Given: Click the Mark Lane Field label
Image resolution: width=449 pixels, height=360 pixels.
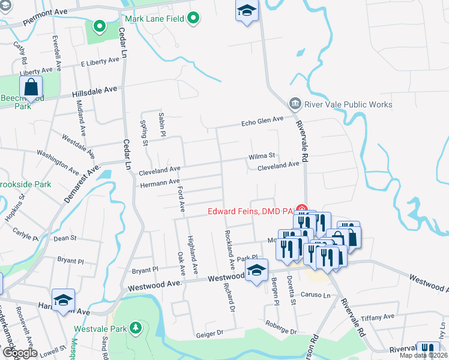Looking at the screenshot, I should tap(154, 19).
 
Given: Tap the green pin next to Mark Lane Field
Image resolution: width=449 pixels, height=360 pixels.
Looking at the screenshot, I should tap(193, 19).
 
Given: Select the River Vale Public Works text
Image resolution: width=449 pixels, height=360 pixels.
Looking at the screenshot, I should tap(349, 104).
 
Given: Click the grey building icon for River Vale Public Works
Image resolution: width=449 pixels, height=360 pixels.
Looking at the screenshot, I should tap(295, 104).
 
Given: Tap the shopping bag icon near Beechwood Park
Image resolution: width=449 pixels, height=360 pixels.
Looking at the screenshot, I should tap(31, 89).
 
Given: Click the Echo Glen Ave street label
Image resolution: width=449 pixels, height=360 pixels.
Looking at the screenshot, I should tap(262, 121).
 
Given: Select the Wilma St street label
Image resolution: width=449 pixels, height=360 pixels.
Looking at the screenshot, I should tap(262, 157).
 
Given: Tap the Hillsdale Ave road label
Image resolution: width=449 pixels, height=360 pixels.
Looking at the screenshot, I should tap(94, 92).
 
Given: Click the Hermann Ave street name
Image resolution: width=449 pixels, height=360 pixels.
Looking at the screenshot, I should tap(159, 182).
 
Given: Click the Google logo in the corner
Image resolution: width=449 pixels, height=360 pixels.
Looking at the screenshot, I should tap(19, 353).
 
